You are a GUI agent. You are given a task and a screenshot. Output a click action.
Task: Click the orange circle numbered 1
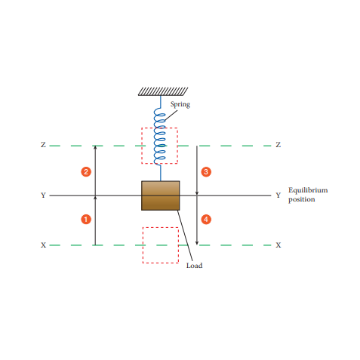86,219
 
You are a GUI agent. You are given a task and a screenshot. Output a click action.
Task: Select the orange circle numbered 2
86,172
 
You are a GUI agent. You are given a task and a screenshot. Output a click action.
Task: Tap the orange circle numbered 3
206,172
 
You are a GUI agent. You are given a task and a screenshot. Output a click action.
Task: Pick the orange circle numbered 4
206,219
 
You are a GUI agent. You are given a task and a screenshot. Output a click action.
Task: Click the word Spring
180,104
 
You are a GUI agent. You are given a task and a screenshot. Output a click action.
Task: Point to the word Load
194,266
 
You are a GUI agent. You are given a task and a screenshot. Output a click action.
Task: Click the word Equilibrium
308,190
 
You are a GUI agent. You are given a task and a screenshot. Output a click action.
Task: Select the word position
302,199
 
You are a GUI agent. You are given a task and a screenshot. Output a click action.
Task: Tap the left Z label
43,145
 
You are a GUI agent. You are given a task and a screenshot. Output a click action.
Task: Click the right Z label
278,145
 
